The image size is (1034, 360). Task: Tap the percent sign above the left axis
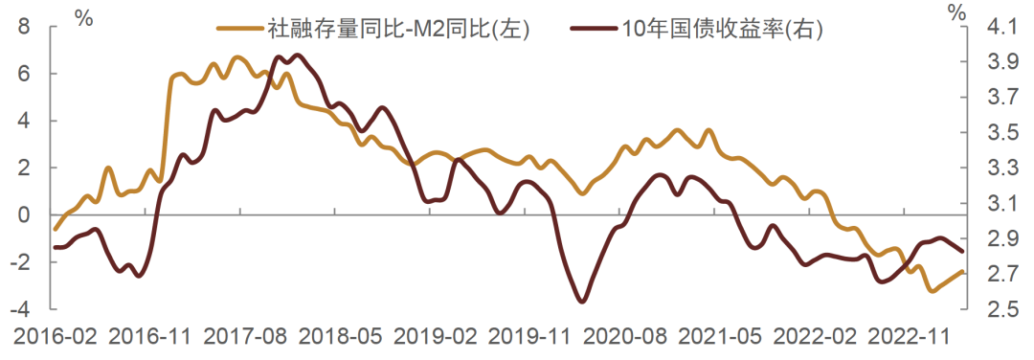click(84, 16)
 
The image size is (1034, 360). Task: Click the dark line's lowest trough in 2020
click(582, 302)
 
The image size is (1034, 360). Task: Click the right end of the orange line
click(961, 272)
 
